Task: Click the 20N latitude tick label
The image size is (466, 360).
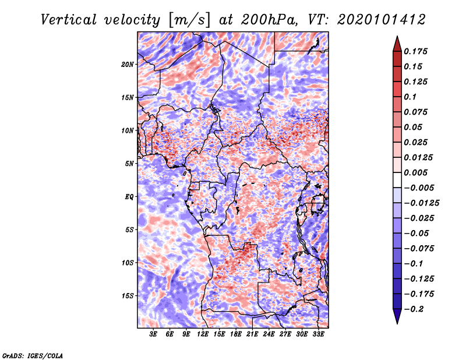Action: click(128, 64)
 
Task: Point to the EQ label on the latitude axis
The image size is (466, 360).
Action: click(129, 197)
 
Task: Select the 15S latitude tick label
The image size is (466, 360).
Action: click(128, 296)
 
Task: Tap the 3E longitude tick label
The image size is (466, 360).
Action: click(154, 335)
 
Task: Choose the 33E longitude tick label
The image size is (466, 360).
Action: click(319, 335)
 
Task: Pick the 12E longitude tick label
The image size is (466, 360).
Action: click(203, 335)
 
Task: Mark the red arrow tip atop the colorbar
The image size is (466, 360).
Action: click(397, 40)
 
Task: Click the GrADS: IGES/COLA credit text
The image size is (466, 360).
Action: click(33, 355)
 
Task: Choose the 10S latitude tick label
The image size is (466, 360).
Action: click(128, 263)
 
